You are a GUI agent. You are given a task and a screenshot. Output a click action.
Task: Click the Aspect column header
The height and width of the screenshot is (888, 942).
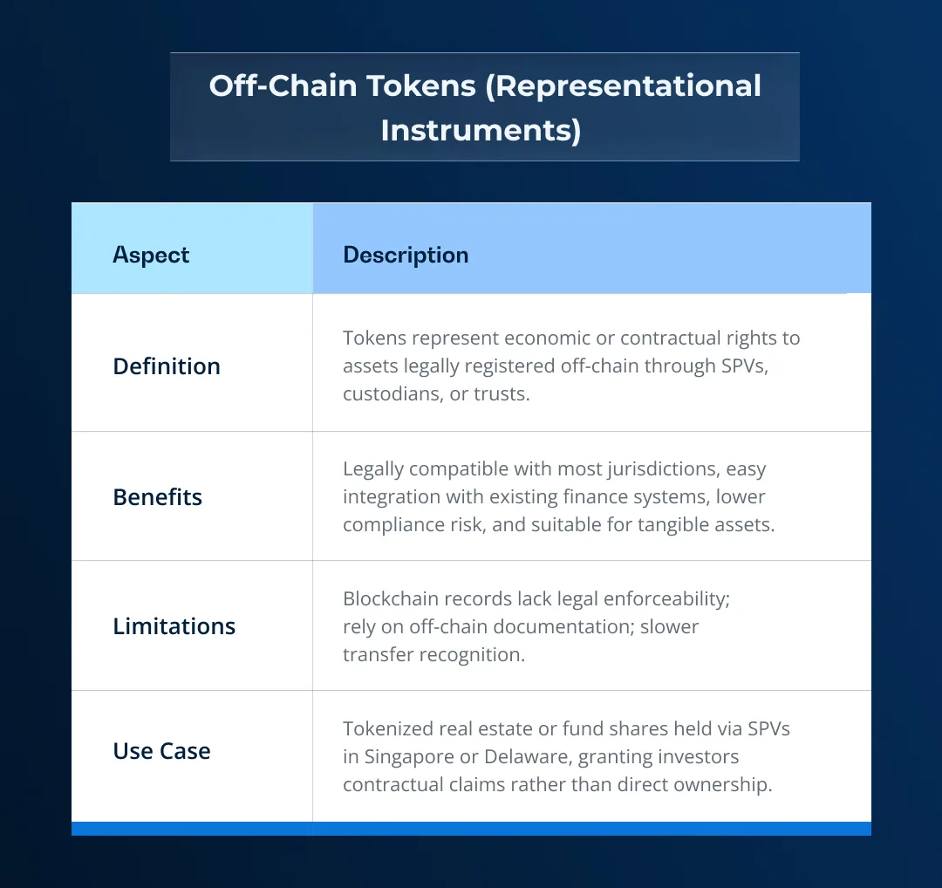tap(151, 255)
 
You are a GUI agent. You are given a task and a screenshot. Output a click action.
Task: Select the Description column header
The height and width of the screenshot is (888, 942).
tap(406, 255)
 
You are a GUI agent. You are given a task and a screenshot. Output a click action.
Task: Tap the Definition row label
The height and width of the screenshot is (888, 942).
tap(167, 366)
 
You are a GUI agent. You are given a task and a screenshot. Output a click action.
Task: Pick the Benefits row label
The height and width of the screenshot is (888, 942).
tap(158, 497)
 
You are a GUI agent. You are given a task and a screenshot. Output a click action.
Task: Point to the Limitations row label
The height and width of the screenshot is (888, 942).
tap(174, 626)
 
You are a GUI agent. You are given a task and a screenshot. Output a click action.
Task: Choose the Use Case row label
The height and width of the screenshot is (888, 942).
tap(162, 751)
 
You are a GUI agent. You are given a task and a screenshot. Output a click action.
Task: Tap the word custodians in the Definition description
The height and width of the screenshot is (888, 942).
tap(393, 393)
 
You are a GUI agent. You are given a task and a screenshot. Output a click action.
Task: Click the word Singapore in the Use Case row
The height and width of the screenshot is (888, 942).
tap(410, 756)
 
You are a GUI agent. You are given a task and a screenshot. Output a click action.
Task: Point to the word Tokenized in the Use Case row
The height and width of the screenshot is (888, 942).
tap(386, 728)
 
